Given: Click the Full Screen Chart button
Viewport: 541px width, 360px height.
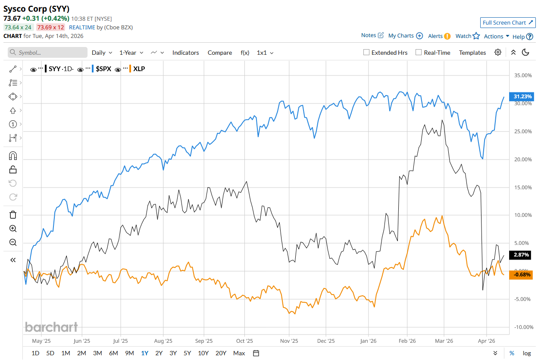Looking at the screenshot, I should tap(508, 23).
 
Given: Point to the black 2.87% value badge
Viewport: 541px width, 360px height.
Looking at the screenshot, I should tap(521, 255).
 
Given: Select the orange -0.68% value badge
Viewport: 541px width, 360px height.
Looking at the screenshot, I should tap(521, 275).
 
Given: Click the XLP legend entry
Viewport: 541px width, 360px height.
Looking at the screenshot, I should tap(139, 69).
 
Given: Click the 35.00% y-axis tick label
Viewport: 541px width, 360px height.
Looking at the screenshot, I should tap(523, 75).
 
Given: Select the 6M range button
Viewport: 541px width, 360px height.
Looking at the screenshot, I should tap(113, 353).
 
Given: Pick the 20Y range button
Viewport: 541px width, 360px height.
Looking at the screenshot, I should tap(221, 353).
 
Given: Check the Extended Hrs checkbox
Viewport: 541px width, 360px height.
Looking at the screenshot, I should tap(366, 53).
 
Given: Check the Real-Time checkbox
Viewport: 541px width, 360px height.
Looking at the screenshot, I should tap(419, 53).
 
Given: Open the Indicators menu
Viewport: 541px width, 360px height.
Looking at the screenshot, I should tap(185, 53).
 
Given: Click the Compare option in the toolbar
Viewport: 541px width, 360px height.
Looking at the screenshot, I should tap(220, 53).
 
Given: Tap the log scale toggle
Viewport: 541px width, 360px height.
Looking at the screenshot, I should tap(527, 353).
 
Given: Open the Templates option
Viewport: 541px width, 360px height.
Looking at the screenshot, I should tap(472, 53).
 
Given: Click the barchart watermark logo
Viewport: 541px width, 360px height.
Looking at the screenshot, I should tap(51, 327).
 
